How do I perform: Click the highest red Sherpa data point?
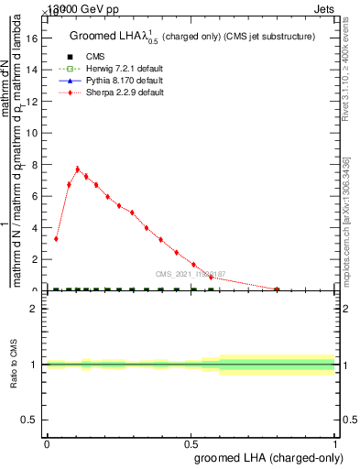tap(78, 169)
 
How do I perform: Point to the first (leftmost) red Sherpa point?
tap(57, 239)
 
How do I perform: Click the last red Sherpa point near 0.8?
tap(277, 289)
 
